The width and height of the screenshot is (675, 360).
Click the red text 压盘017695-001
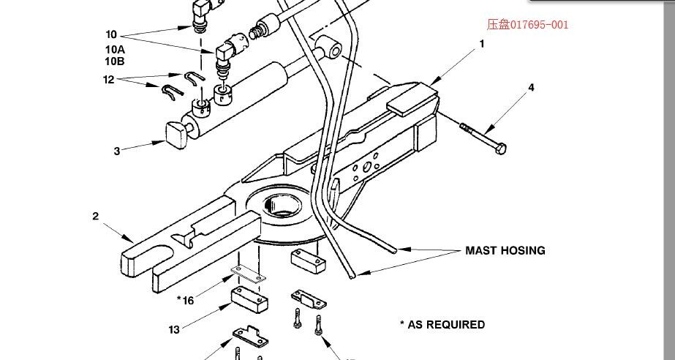pos(527,24)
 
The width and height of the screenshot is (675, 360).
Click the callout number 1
pos(482,44)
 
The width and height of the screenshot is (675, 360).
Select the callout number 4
pos(532,87)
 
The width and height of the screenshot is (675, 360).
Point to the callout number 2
pos(96,216)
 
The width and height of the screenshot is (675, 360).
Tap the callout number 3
pos(116,151)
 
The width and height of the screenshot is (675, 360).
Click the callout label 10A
pos(115,49)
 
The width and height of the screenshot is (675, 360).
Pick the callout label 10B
pos(115,61)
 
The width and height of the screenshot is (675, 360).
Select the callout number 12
pos(109,80)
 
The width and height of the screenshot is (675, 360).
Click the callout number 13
pos(174,329)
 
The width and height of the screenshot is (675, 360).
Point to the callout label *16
pos(186,300)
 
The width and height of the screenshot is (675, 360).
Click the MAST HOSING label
pos(505,250)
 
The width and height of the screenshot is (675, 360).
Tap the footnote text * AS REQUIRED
pos(442,324)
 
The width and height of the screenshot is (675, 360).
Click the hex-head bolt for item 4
pos(485,138)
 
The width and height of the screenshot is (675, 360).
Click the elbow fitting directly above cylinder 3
pos(225,53)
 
